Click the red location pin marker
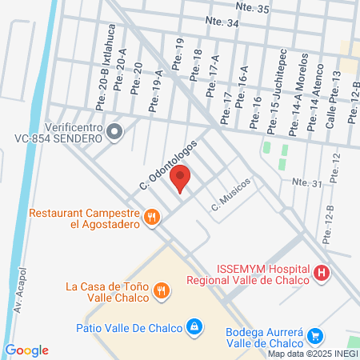click(x=181, y=178)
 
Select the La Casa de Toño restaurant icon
click(x=162, y=291)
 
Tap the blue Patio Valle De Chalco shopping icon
click(x=194, y=326)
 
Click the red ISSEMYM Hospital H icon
click(x=322, y=274)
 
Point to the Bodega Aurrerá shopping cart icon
click(x=315, y=336)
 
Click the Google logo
click(x=26, y=350)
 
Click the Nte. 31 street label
click(x=306, y=183)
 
